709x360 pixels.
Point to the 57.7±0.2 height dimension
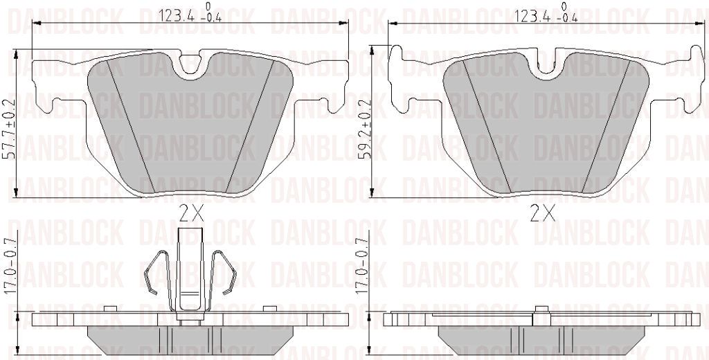[x=10, y=129]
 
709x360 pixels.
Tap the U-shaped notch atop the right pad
[x=547, y=67]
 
